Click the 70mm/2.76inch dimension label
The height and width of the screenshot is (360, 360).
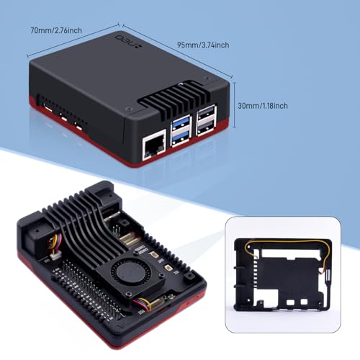(56, 30)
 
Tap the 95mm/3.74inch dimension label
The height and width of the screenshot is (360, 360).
(203, 45)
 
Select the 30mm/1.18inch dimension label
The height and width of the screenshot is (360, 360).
(263, 106)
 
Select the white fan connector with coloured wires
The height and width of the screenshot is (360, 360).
(55, 258)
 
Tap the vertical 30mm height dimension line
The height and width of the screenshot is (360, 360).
(235, 105)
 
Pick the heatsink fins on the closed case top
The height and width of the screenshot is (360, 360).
(181, 97)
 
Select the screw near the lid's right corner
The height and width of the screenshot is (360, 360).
(206, 78)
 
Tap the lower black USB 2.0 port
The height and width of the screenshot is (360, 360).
(206, 127)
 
